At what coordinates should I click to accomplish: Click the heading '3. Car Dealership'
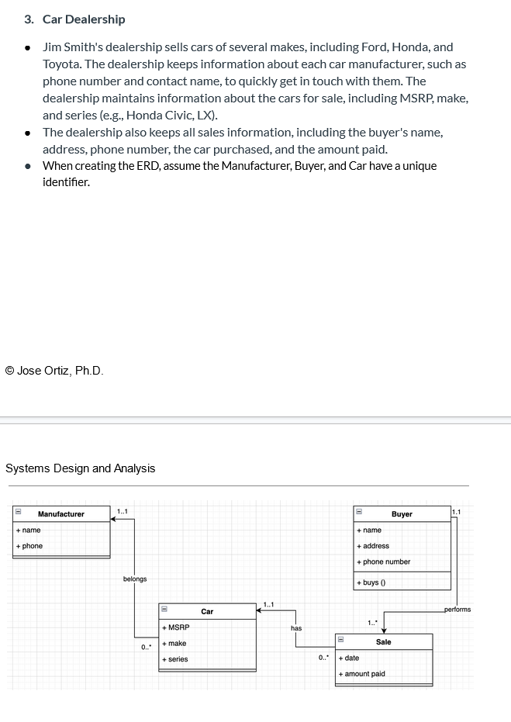tap(83, 19)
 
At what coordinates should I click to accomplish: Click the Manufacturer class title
tap(61, 514)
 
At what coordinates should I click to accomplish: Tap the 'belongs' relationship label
tap(134, 579)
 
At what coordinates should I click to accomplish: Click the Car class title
tap(207, 612)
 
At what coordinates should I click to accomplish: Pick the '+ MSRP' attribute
tap(176, 627)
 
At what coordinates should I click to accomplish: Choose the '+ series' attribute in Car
tap(175, 659)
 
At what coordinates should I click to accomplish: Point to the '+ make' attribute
tap(175, 644)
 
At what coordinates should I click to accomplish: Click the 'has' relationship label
tap(296, 628)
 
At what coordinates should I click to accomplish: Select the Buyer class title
tap(402, 514)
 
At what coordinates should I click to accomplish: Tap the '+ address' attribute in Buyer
tap(374, 546)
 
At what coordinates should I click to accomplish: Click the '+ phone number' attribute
tap(384, 562)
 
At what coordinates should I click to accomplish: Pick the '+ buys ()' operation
tap(372, 582)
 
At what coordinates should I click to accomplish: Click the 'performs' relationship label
tap(457, 610)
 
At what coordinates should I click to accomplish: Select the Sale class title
tap(383, 642)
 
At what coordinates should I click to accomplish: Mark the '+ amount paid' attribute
tap(362, 674)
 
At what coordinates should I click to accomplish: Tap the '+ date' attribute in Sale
tap(350, 658)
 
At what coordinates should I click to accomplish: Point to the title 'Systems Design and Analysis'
tap(81, 468)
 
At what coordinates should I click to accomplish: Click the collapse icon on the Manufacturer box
tap(17, 513)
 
